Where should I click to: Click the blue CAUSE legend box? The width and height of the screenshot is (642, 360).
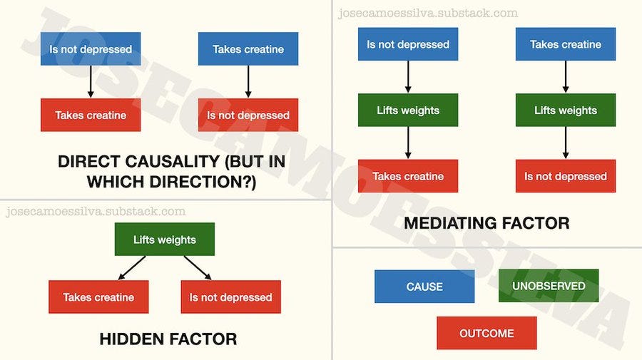coord(424,287)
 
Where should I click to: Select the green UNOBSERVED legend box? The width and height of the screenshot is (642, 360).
coord(549,286)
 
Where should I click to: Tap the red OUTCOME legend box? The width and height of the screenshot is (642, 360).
coord(486,333)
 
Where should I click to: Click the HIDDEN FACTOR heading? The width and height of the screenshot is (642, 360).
coord(168,339)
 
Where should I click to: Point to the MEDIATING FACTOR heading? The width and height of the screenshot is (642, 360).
coord(486,223)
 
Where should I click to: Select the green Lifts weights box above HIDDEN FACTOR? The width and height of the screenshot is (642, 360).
coord(165,240)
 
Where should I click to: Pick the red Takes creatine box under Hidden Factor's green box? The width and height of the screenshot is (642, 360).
coord(98,297)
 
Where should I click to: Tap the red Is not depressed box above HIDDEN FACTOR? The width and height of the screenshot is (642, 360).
coord(230,297)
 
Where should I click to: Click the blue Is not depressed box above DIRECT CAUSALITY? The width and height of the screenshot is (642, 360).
coord(91,49)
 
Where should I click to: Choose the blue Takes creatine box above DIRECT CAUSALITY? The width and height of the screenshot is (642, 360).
coord(248,49)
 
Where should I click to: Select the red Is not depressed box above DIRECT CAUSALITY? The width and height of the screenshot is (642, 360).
coord(248,115)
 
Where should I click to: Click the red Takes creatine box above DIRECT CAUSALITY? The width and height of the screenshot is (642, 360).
coord(91,115)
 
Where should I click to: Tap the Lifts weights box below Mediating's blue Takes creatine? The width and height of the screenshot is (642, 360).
coord(566,110)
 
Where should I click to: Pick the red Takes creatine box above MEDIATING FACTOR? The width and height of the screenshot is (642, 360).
coord(408,176)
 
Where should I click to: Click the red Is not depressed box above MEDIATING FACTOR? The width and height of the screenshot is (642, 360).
coord(566,176)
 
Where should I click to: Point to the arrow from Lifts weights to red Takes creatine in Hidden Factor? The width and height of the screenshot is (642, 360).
coord(132,267)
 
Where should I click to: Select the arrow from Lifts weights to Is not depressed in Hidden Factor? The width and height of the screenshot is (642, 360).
coord(198,267)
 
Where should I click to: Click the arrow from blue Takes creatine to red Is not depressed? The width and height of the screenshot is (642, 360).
coord(248,81)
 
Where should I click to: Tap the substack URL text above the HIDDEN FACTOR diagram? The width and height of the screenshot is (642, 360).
coord(95,212)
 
